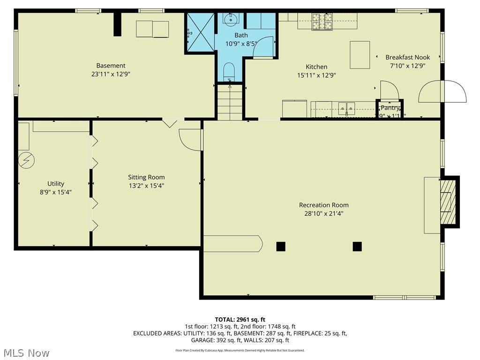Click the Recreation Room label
pos(324,205)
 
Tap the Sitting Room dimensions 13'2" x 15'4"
pos(146,186)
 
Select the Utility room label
pos(56,184)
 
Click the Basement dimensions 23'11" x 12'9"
pos(111,74)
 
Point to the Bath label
pos(241,35)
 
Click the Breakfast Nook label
pos(407,57)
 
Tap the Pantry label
pos(390,108)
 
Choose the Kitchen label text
pos(316,67)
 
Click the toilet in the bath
pos(229,72)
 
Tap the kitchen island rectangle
pos(360,55)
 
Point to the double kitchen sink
pos(347,108)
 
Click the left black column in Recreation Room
pos(281,246)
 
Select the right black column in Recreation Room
pos(357,246)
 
